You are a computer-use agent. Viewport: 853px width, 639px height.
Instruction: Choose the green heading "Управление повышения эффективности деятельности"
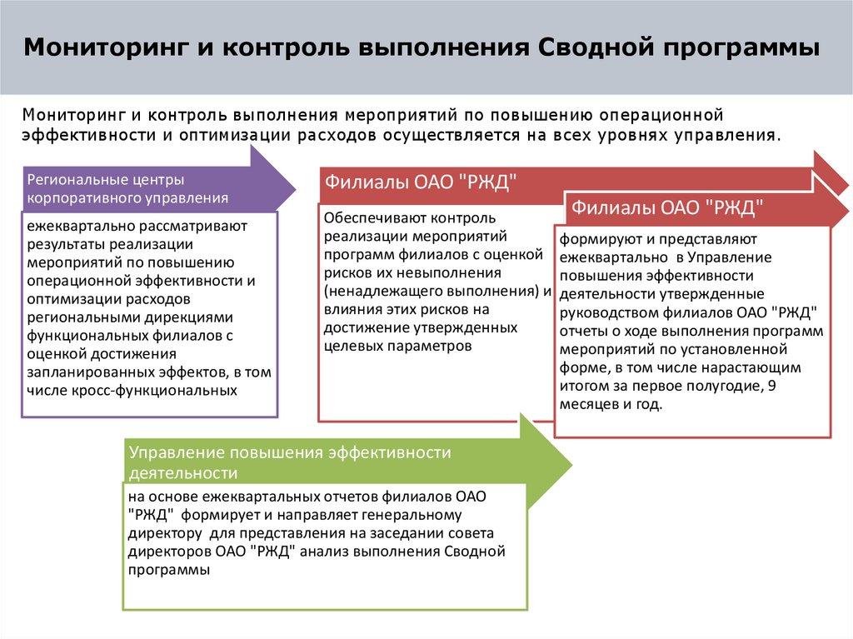pos(289,462)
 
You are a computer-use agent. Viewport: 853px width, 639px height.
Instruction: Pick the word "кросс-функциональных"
pos(167,389)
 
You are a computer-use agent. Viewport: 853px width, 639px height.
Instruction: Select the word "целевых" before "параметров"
pos(350,346)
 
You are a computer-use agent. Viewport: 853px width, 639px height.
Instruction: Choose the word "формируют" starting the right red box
pos(594,240)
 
